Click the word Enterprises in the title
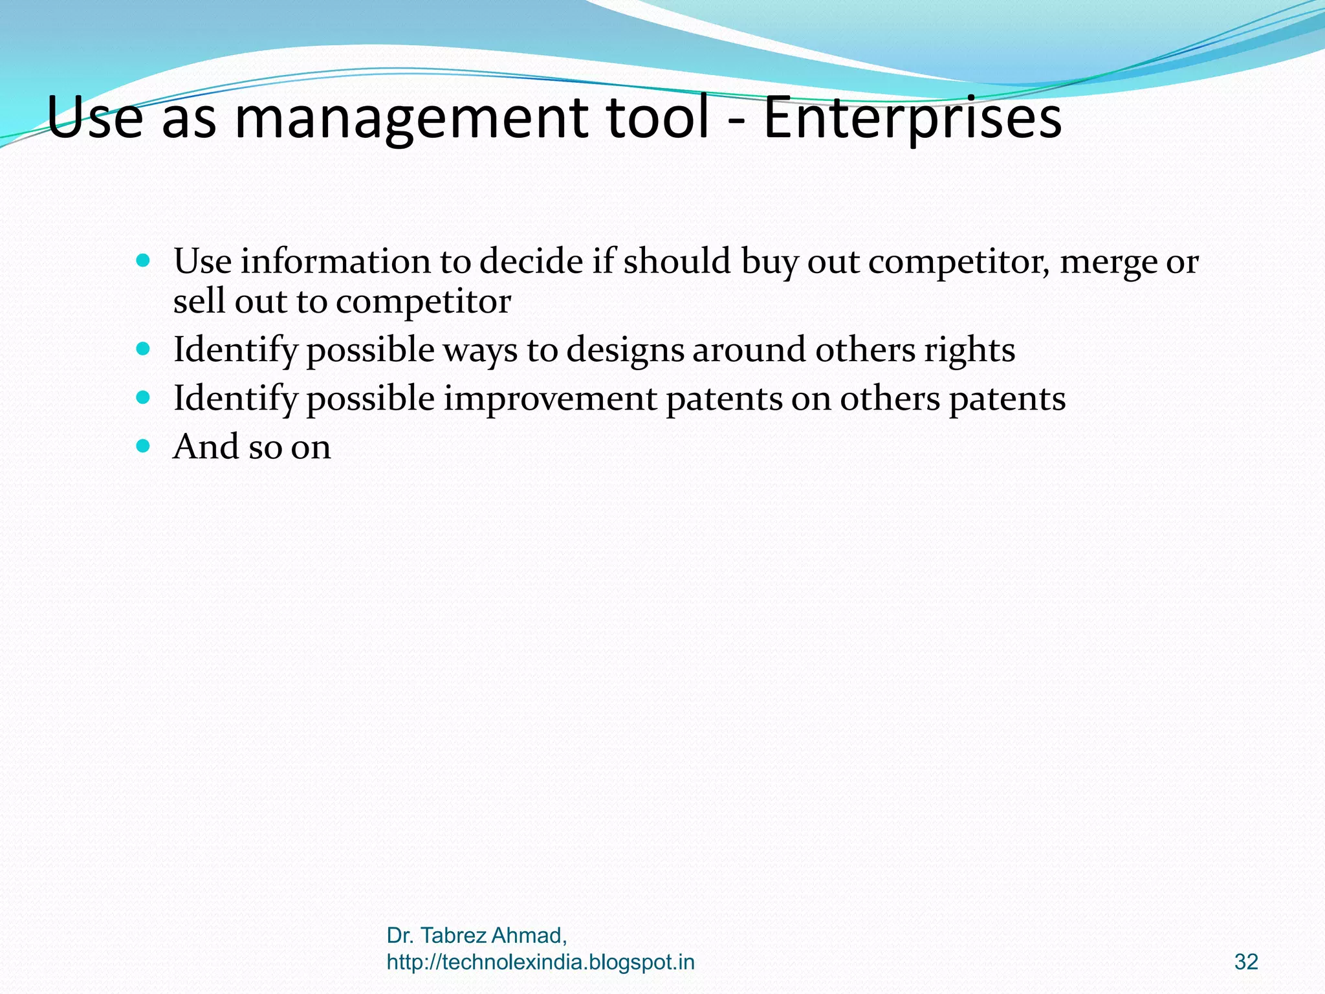point(912,118)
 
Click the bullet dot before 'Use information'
point(144,261)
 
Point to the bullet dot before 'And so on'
point(144,446)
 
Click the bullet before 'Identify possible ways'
point(144,349)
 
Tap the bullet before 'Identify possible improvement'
point(144,397)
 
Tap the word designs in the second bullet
point(625,351)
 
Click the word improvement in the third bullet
point(550,399)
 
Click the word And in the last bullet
point(206,447)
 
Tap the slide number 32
point(1246,962)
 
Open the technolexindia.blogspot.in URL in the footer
point(540,962)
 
